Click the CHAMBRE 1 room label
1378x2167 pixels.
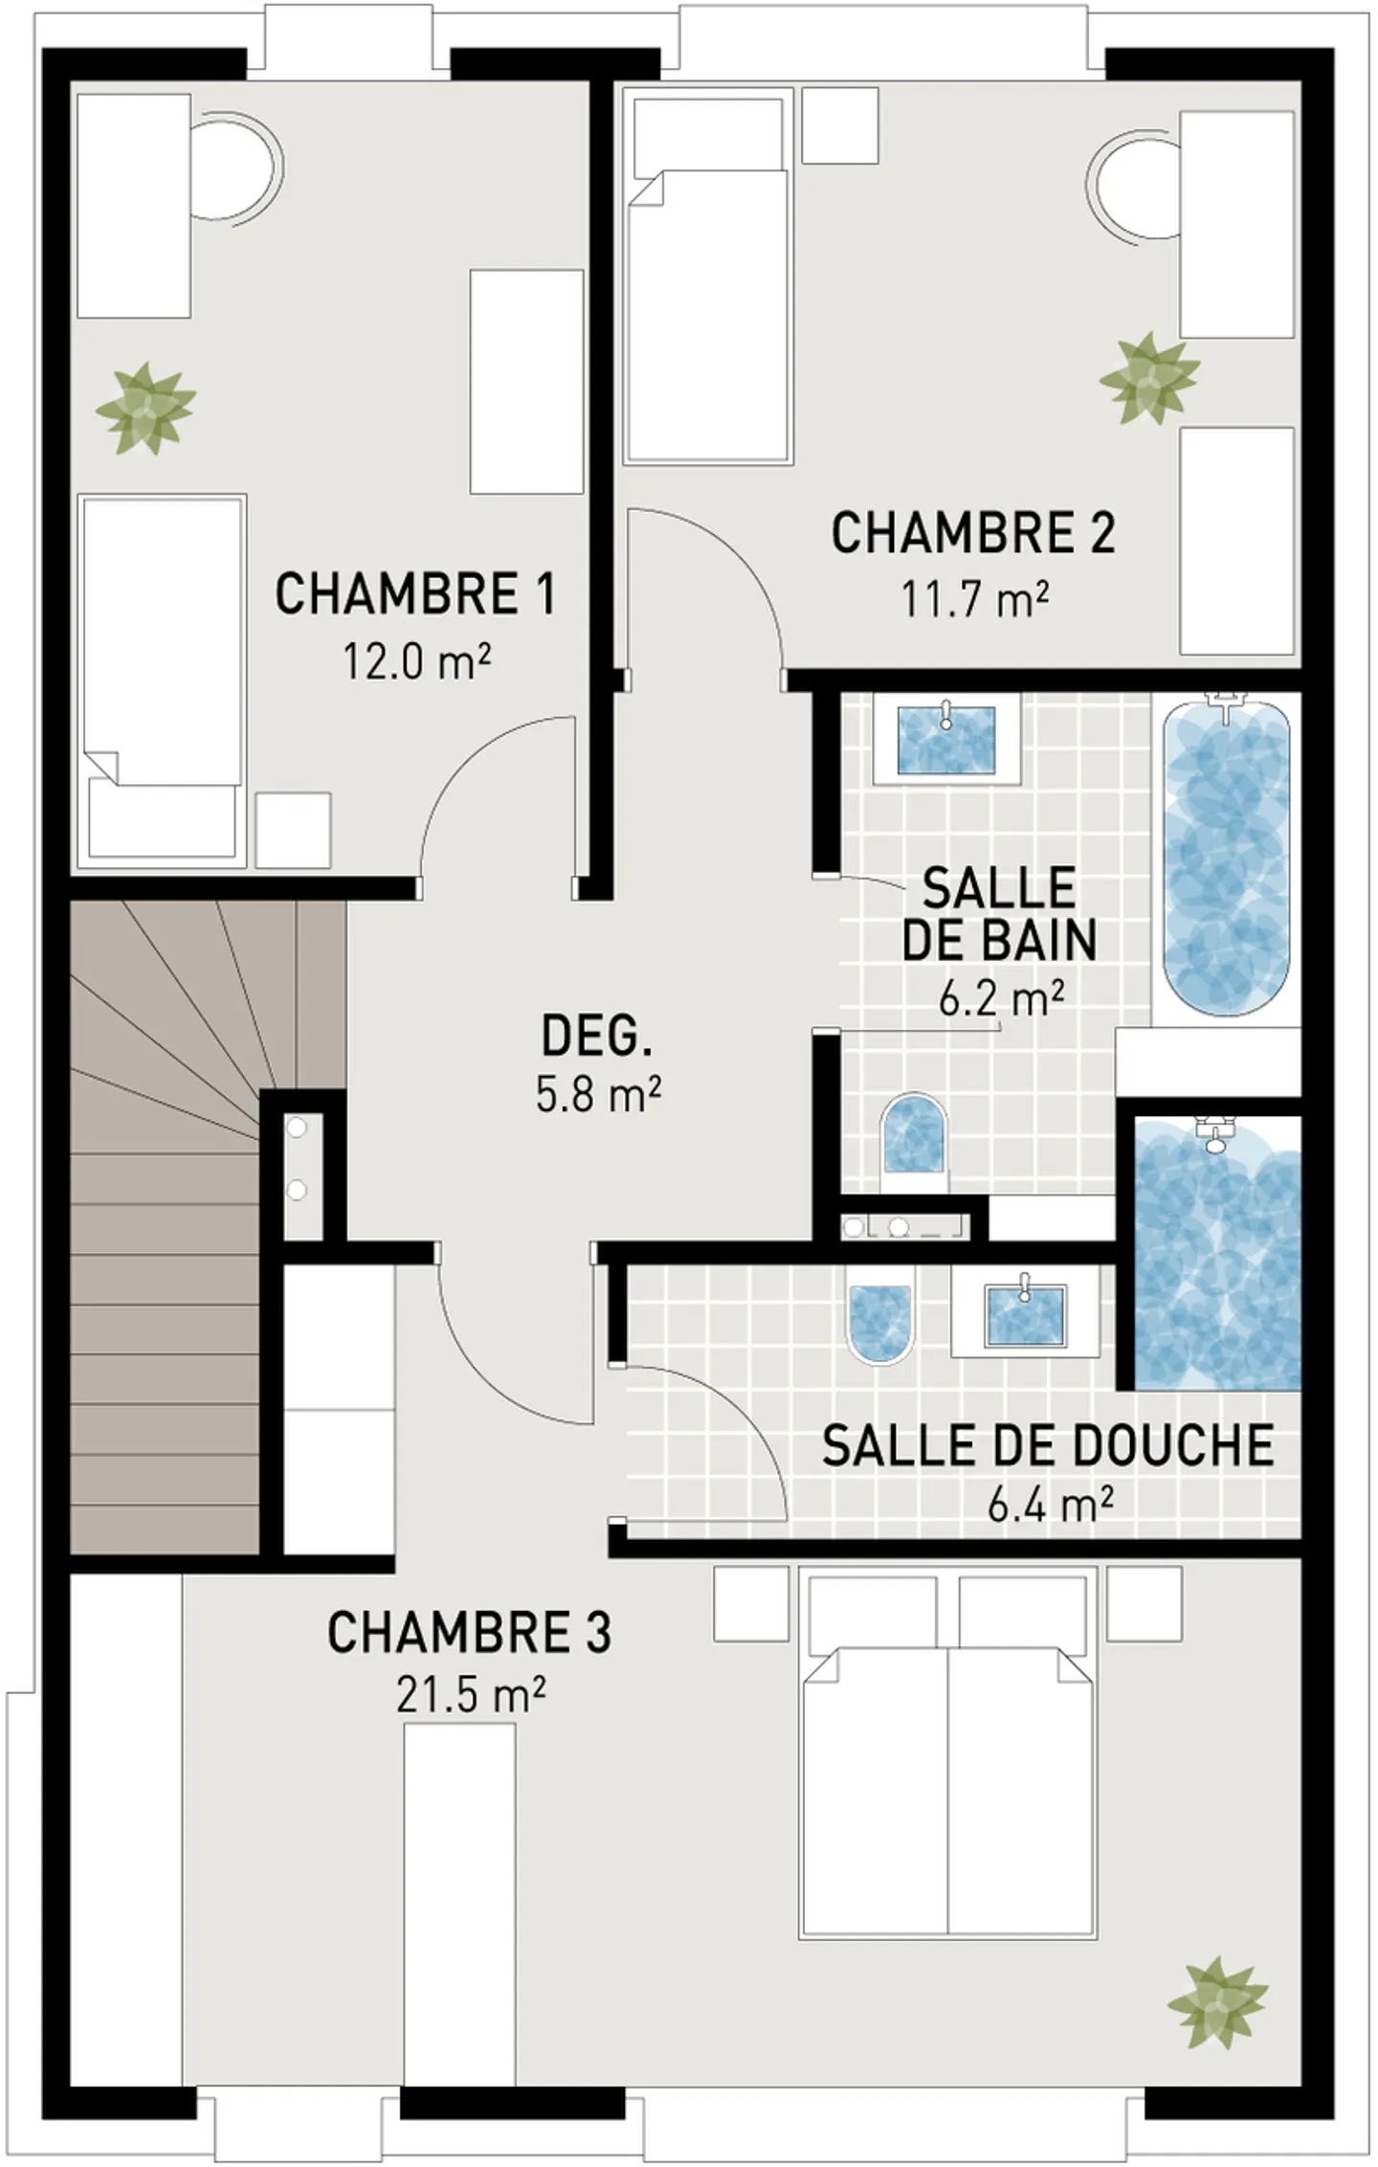tap(414, 594)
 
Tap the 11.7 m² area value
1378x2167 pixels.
tap(973, 600)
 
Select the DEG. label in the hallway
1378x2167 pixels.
tap(597, 1037)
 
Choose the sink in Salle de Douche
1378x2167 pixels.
tap(1024, 1317)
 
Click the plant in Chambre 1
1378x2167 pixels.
tap(145, 409)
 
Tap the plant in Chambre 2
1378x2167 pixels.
tap(1148, 379)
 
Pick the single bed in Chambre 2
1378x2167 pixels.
tap(708, 316)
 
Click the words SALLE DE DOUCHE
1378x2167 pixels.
tap(1047, 1446)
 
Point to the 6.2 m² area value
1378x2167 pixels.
tap(1001, 1000)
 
